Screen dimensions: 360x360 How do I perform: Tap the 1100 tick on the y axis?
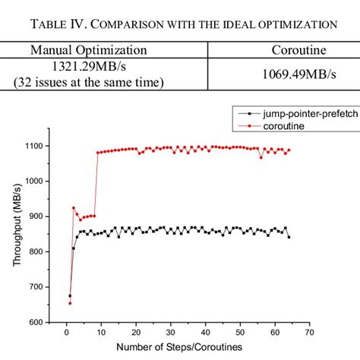34,146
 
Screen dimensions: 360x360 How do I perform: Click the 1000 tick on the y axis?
34,181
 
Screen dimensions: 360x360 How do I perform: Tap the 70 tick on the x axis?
310,331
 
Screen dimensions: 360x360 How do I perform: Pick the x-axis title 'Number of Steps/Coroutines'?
181,348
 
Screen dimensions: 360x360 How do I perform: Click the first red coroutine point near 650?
70,303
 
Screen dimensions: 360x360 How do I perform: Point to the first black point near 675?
70,295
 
